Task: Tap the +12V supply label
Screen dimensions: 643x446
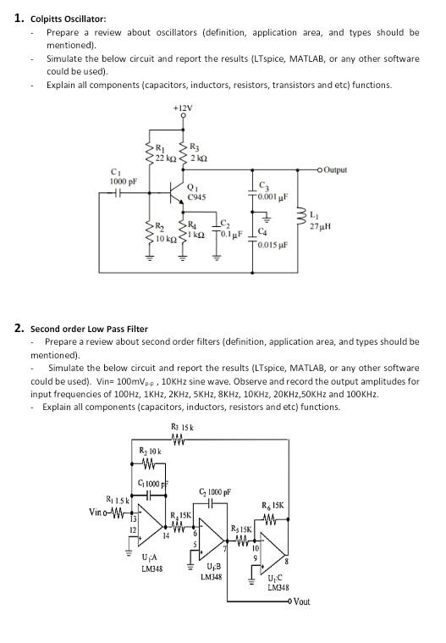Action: pyautogui.click(x=182, y=108)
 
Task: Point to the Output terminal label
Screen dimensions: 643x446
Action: pyautogui.click(x=335, y=169)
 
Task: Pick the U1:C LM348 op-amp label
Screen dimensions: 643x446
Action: pyautogui.click(x=278, y=582)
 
